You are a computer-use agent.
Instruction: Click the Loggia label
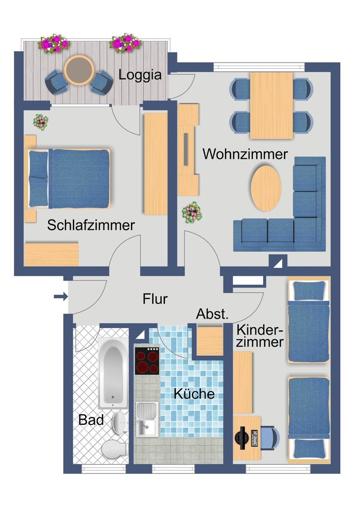(140, 75)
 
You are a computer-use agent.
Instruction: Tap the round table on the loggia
(79, 70)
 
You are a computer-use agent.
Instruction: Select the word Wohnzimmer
(245, 154)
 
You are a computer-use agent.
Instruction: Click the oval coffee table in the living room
(266, 188)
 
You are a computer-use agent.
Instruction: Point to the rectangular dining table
(271, 105)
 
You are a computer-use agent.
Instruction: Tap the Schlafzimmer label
(91, 225)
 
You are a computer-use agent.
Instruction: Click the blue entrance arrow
(61, 296)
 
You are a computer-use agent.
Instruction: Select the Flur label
(155, 299)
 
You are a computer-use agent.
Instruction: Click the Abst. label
(212, 314)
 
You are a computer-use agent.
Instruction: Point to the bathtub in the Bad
(113, 374)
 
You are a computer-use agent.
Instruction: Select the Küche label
(194, 394)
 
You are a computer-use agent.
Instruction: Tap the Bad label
(91, 420)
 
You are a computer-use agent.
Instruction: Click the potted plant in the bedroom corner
(41, 122)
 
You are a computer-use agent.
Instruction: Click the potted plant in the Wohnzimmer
(192, 212)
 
